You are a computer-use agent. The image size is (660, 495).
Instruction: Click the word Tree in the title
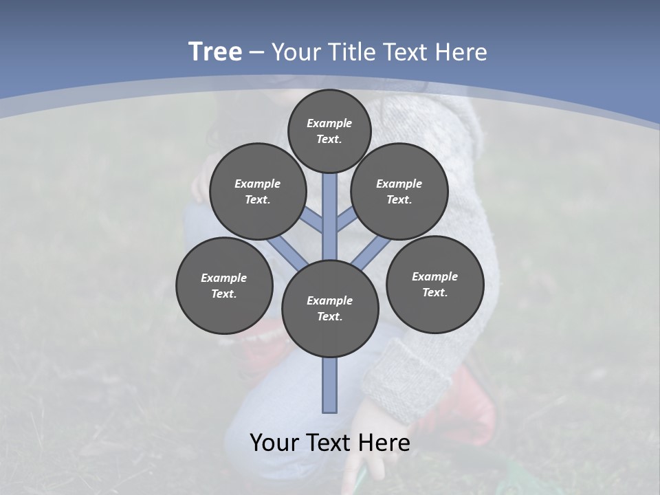(x=215, y=52)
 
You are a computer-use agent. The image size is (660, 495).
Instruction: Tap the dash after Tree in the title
(x=257, y=53)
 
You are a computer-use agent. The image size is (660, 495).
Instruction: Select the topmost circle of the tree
(x=329, y=131)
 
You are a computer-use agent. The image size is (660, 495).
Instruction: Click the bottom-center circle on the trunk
(x=330, y=309)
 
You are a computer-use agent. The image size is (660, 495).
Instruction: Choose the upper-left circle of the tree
(x=258, y=191)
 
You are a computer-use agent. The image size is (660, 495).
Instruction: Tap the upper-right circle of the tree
(x=399, y=191)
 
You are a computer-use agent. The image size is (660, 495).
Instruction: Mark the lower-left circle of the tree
(x=224, y=285)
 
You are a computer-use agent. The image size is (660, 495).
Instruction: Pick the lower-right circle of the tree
(x=434, y=284)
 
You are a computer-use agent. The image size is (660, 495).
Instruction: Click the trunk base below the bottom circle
(x=330, y=385)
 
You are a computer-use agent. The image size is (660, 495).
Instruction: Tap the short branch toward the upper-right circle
(x=345, y=221)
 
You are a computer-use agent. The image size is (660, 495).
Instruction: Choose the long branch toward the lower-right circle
(x=371, y=252)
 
